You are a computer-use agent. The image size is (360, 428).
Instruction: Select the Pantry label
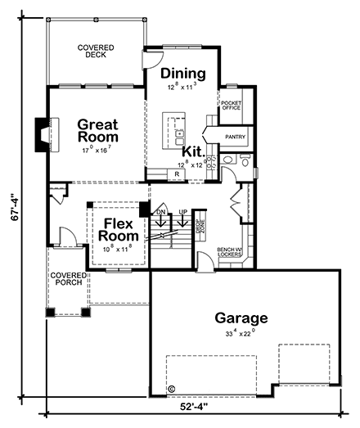click(x=236, y=137)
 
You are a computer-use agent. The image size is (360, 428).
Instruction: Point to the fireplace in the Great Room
click(x=43, y=132)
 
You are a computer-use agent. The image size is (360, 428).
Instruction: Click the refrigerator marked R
click(x=176, y=174)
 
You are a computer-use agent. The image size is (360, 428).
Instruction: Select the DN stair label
click(x=160, y=213)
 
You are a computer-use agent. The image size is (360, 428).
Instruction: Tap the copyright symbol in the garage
click(x=171, y=390)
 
